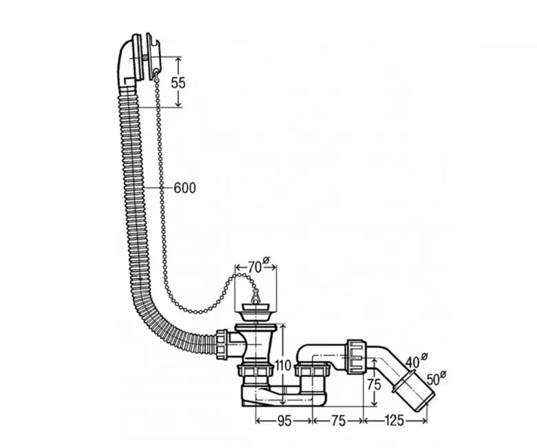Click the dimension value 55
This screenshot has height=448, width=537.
tap(178, 83)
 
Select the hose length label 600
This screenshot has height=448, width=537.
tap(185, 188)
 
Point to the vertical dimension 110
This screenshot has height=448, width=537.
tap(282, 366)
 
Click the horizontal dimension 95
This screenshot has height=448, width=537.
tap(284, 421)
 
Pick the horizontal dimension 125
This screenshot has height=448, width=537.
tap(394, 420)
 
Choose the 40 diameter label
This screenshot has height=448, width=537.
tap(416, 360)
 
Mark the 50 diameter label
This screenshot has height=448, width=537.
tap(436, 378)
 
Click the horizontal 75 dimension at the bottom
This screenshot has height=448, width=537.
tap(338, 421)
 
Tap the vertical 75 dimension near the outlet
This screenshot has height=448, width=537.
tap(374, 384)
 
